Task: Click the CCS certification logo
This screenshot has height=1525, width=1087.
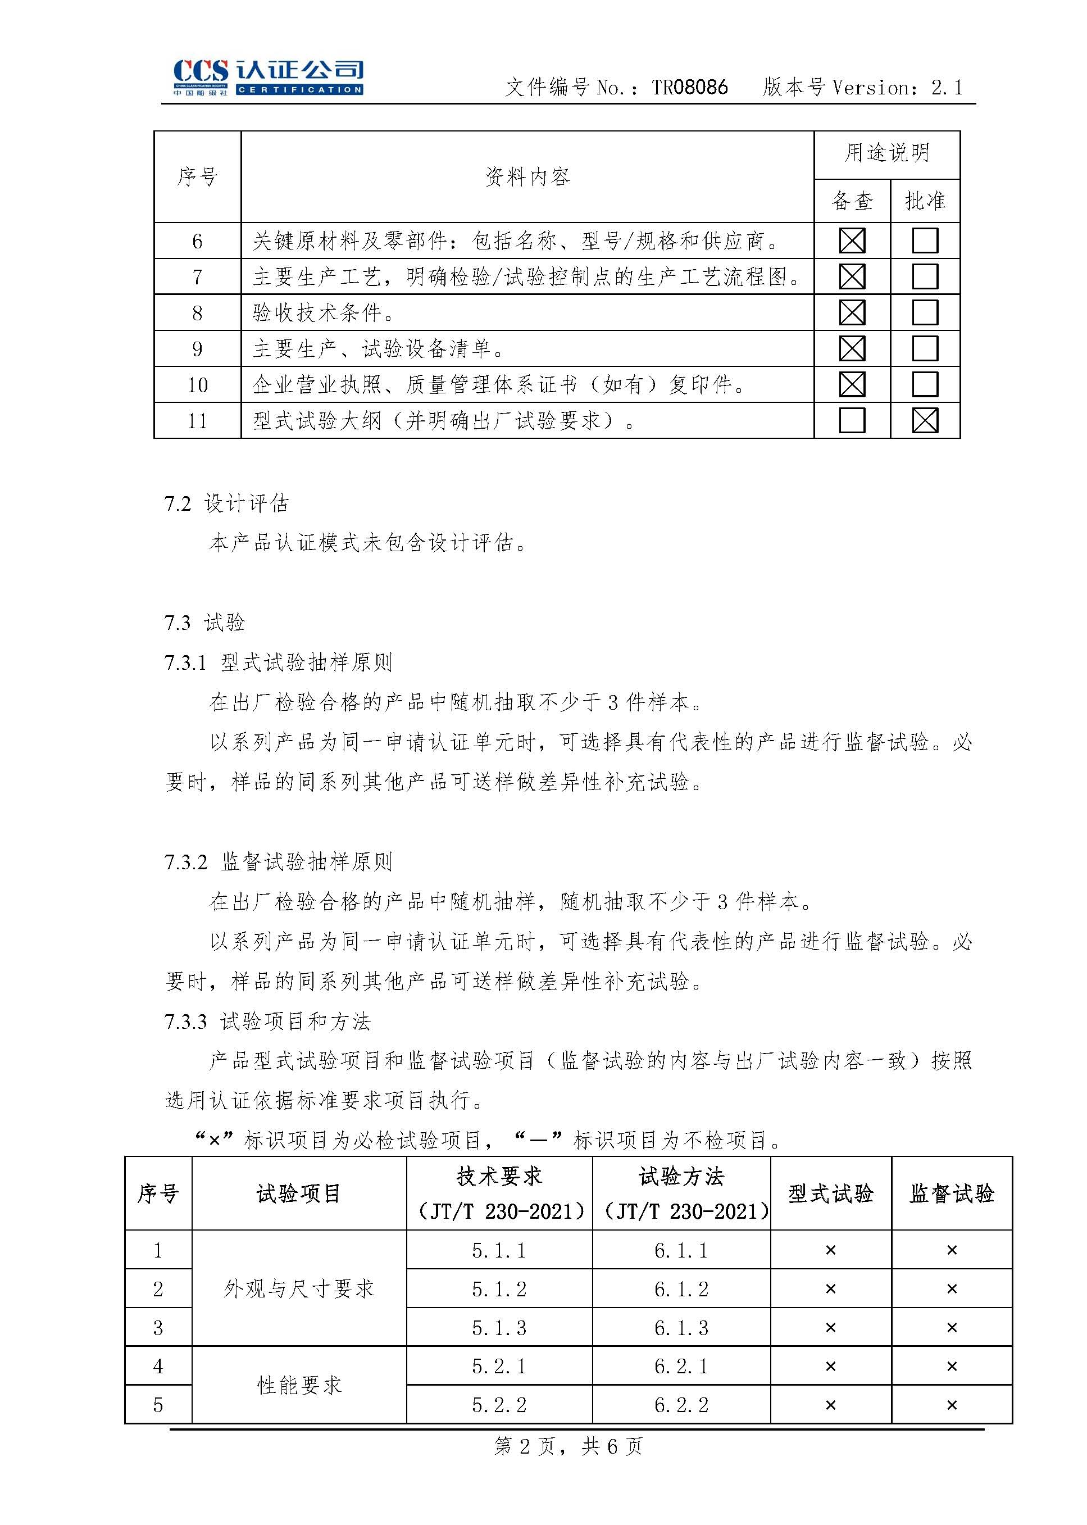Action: tap(268, 78)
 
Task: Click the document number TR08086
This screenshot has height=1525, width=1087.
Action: tap(689, 88)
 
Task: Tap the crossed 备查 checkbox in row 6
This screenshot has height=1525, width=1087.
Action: tap(852, 241)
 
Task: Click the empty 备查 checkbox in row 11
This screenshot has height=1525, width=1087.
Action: tap(852, 420)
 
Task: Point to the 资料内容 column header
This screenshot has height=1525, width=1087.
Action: tap(527, 177)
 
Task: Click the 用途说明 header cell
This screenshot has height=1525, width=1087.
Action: tap(886, 153)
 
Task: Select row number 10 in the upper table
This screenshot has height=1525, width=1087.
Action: tap(197, 385)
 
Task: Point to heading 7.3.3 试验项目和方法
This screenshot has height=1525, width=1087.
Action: tap(267, 1022)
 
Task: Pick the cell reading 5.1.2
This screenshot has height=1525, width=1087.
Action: tap(499, 1288)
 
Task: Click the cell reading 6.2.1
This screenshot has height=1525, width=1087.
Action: tap(681, 1365)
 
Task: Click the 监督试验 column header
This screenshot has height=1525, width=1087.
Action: tap(951, 1193)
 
